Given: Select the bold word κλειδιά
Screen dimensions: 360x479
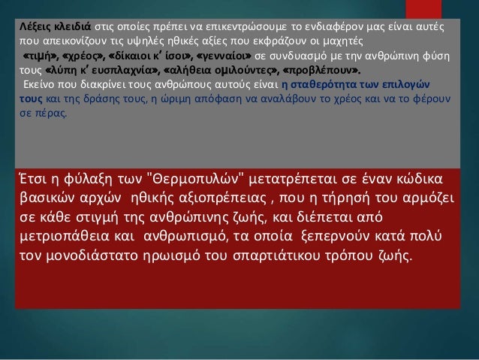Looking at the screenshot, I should coord(74,26).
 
